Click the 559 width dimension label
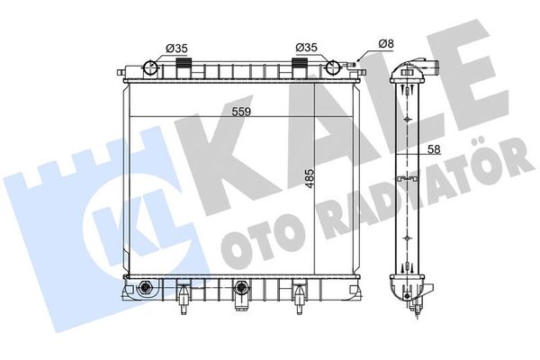point(241,112)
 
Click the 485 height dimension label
point(310,178)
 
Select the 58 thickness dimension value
point(434,149)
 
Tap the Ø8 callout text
point(386,44)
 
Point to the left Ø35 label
point(176,49)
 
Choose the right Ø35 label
point(306,47)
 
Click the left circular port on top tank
point(150,67)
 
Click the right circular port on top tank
point(333,67)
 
